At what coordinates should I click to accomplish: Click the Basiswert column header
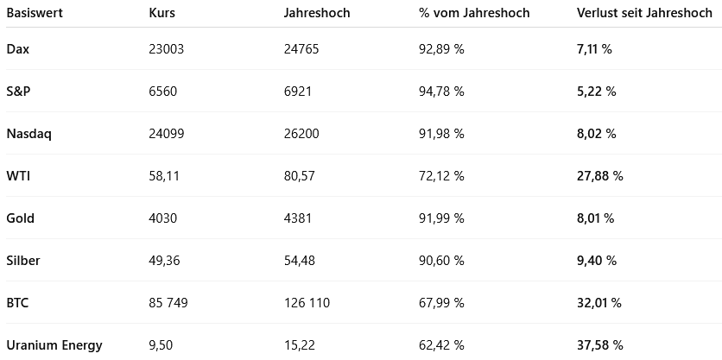point(34,14)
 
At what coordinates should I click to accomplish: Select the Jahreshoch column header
point(318,14)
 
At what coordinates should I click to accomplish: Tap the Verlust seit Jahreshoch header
point(644,14)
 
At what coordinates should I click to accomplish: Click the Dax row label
point(18,49)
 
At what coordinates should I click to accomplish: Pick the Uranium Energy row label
point(54,345)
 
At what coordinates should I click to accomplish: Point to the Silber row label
point(23,261)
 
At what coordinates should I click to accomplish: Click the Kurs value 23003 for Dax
point(167,49)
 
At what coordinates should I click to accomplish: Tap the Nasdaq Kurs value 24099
point(167,134)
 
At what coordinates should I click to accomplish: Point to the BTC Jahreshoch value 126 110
point(307,303)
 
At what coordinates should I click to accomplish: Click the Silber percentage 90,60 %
point(441,261)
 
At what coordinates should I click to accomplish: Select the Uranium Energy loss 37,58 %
point(599,345)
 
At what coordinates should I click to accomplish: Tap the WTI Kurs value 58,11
point(164,176)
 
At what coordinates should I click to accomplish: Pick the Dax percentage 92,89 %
point(441,49)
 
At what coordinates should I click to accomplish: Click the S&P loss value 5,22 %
point(596,92)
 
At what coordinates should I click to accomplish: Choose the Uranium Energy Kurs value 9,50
point(161,345)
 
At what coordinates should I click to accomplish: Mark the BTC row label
point(18,303)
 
